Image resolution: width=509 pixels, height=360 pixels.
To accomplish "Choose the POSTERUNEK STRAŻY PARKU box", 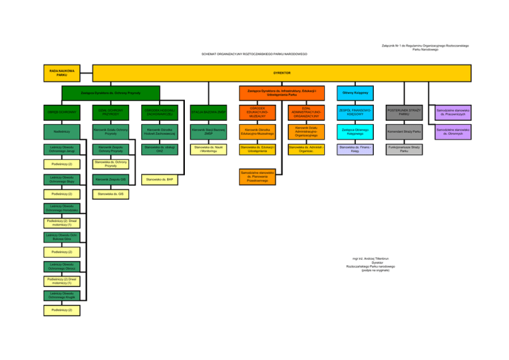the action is click(x=404, y=111).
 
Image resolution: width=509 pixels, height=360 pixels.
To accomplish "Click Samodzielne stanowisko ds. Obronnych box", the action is click(x=453, y=131).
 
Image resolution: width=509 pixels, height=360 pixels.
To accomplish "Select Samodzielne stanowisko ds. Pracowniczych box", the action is click(x=453, y=111).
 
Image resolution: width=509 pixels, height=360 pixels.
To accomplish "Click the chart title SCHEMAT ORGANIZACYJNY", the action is click(x=255, y=54).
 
